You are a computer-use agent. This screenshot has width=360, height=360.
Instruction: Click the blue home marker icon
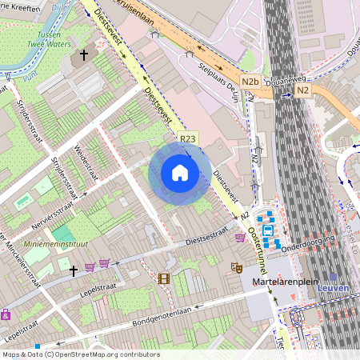pyautogui.click(x=180, y=173)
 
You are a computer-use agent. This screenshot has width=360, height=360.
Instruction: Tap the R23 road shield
pyautogui.click(x=188, y=138)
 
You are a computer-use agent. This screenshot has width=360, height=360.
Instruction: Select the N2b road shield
pyautogui.click(x=250, y=82)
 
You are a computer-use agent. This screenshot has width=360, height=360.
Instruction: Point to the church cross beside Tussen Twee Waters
pyautogui.click(x=84, y=56)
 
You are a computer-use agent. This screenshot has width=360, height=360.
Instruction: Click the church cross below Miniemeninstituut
pyautogui.click(x=74, y=271)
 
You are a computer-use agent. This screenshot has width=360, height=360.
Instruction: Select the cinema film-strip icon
pyautogui.click(x=164, y=278)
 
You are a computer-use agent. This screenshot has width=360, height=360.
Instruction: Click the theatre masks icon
pyautogui.click(x=235, y=266)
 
